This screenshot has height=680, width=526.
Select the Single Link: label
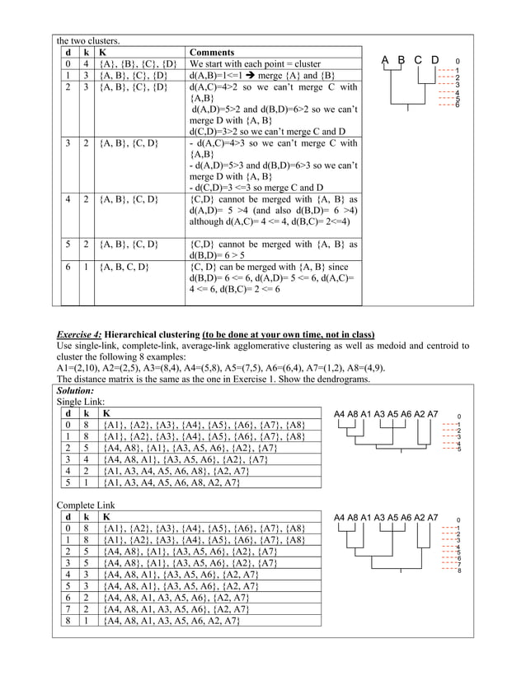[80, 401]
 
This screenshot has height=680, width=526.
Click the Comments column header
[211, 51]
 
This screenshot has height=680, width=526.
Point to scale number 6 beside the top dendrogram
[458, 105]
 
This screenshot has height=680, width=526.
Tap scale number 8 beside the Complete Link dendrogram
[458, 570]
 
